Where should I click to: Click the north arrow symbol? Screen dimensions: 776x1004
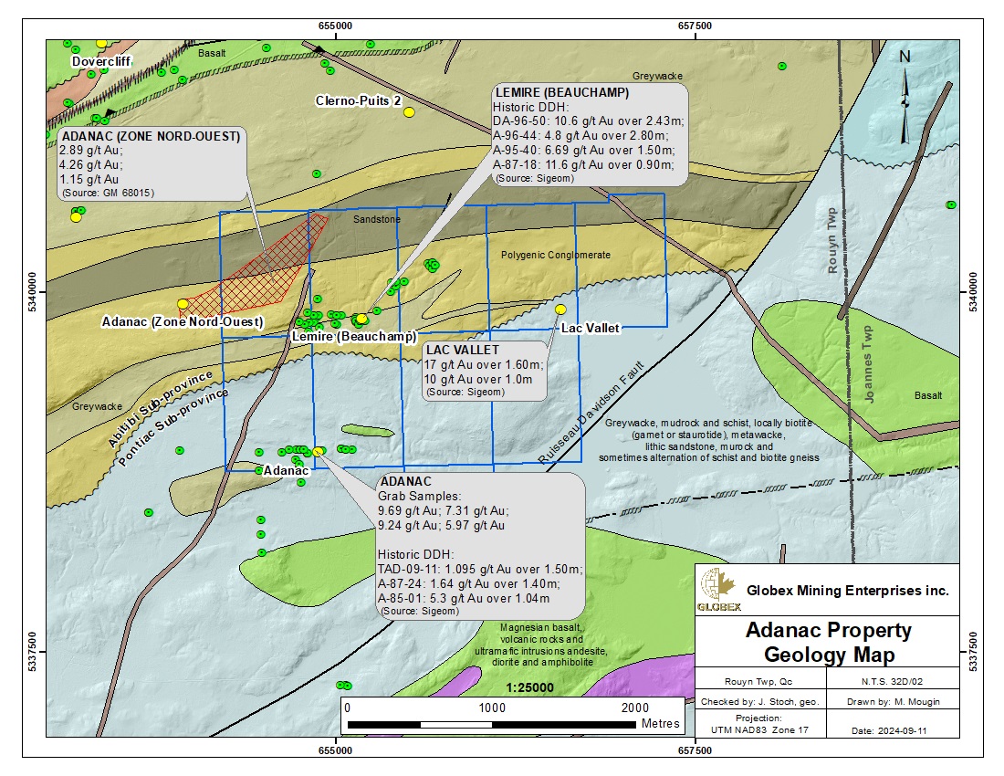[x=905, y=96]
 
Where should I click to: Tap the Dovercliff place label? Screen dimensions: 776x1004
[x=103, y=61]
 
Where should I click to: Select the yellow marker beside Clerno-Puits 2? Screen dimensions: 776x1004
[x=409, y=111]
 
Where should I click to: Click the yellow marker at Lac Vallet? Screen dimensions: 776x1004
[x=560, y=309]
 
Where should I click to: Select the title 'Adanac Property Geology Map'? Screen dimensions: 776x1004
[x=828, y=643]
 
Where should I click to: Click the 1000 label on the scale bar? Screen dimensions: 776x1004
[x=492, y=708]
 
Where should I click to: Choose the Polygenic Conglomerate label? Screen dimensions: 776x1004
[x=556, y=256]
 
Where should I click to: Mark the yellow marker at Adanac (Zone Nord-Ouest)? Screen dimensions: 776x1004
[x=183, y=304]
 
